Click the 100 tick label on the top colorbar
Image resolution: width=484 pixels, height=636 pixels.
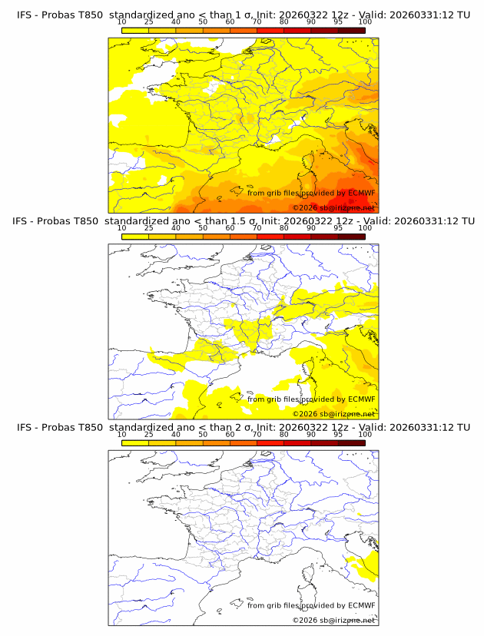[365, 22]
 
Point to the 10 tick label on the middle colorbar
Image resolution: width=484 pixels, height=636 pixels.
[122, 228]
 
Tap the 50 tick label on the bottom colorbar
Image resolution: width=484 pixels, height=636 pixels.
[203, 434]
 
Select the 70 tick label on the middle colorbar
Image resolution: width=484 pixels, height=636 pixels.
[257, 228]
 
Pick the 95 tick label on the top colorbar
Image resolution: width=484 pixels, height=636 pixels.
[338, 22]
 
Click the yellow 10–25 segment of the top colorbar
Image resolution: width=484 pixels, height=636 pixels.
[135, 30]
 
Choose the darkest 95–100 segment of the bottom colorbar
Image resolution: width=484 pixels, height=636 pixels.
[352, 442]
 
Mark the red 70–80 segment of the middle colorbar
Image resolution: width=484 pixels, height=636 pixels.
[270, 237]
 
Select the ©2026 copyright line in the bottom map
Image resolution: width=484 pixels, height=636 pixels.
[333, 620]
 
